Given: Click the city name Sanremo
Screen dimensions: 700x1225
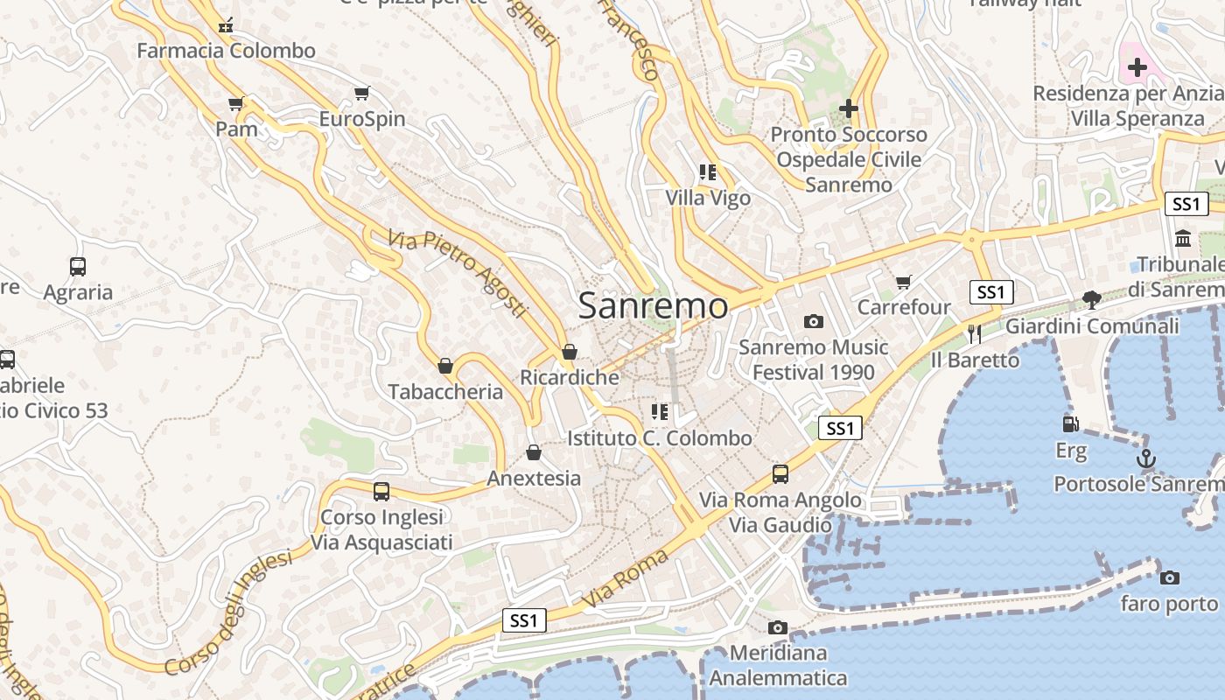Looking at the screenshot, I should (653, 305).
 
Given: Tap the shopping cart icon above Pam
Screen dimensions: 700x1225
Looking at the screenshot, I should (235, 104).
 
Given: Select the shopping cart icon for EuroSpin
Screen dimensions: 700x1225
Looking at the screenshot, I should (362, 93).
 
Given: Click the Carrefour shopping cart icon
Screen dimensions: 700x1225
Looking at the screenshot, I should (904, 282).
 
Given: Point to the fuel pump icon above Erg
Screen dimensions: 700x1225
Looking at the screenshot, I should (1069, 424).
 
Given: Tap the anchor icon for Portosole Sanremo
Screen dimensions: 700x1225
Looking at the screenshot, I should (1145, 458).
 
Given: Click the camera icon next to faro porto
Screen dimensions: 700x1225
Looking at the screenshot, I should (1169, 577).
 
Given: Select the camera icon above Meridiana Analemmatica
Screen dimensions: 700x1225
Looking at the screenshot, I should (777, 627).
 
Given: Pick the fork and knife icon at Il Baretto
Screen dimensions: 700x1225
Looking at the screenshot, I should (975, 333).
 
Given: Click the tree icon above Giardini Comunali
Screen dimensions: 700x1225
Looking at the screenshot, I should (1091, 300).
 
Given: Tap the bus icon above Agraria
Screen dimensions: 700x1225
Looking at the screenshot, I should (78, 266).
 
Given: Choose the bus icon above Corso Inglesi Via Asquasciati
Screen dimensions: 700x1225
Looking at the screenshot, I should (381, 491).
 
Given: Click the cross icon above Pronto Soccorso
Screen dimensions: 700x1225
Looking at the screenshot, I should (848, 108).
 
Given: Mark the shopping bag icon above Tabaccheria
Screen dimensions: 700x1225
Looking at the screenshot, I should (445, 366).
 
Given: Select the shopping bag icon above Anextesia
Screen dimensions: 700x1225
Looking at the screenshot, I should (534, 452).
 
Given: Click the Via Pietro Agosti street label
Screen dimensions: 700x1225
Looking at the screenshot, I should (458, 272).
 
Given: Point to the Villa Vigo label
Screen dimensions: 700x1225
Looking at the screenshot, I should (708, 198).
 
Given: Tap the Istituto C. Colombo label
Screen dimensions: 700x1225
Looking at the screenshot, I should (660, 437).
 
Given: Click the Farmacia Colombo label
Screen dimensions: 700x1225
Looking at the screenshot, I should (226, 51).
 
